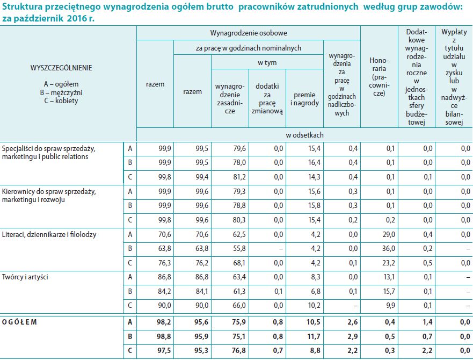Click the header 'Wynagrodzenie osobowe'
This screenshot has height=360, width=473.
click(x=248, y=33)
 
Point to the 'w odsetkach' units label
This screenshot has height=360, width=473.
click(x=304, y=135)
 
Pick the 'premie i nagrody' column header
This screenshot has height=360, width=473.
click(x=304, y=99)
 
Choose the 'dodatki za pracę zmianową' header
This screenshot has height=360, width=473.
click(x=267, y=98)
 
